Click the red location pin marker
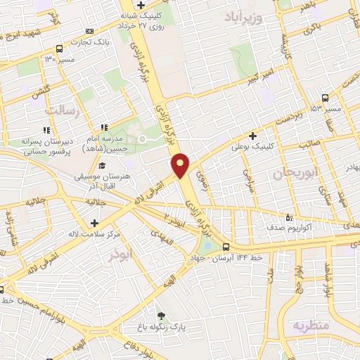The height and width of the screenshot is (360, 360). click(x=181, y=165)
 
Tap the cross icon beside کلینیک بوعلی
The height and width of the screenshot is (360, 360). click(x=253, y=136)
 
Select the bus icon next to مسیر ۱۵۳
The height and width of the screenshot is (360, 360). click(x=324, y=98)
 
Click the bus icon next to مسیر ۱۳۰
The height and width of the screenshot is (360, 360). click(x=58, y=49)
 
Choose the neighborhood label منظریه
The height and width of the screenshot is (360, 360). click(x=310, y=326)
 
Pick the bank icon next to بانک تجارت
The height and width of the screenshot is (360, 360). click(x=89, y=31)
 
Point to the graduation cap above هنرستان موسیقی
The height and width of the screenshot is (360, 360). click(x=103, y=166)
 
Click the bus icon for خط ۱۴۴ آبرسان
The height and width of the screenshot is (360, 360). click(x=226, y=247)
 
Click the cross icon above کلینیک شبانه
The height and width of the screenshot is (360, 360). click(x=141, y=5)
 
